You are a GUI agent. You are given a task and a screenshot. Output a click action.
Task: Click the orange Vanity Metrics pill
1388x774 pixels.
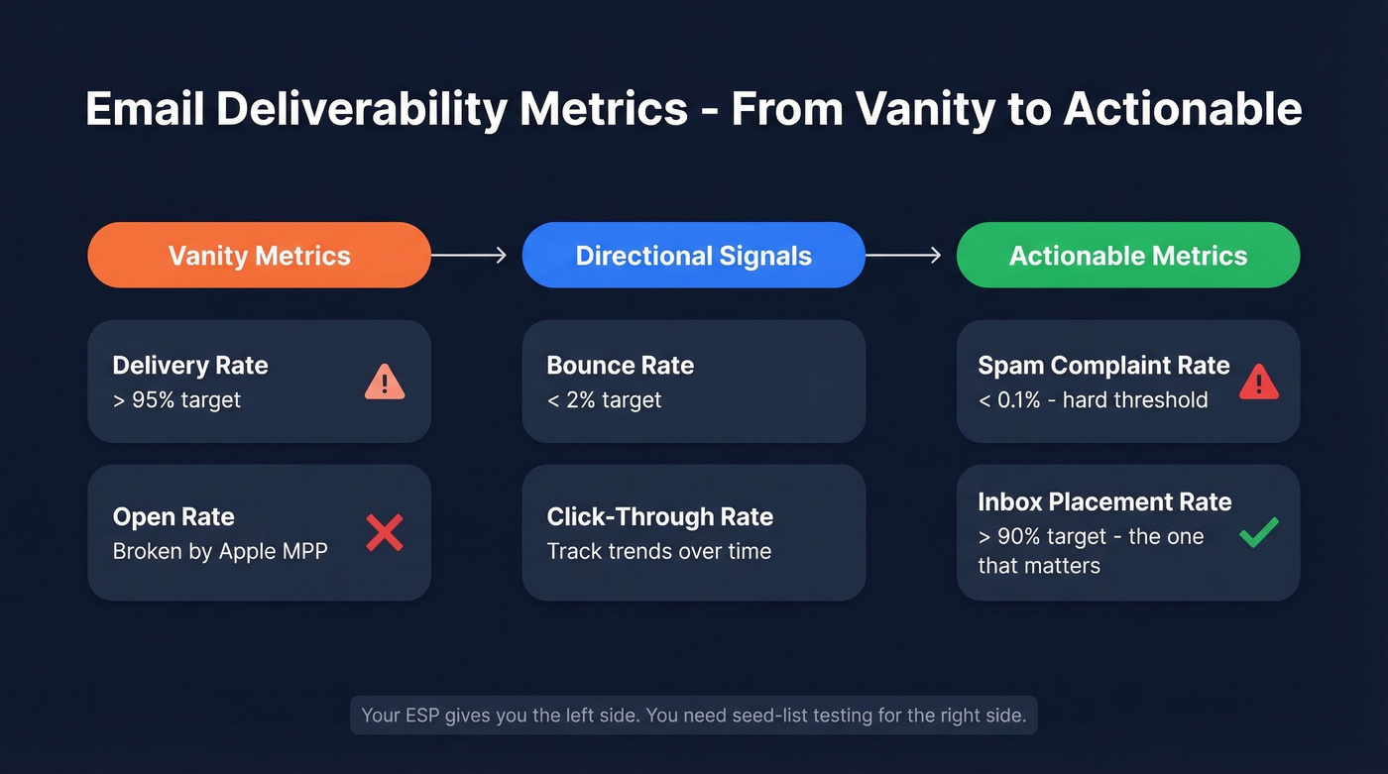259,256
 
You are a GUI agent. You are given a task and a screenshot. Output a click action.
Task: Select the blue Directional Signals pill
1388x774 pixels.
693,256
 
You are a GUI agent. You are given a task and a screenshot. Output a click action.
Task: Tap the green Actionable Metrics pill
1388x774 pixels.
1127,256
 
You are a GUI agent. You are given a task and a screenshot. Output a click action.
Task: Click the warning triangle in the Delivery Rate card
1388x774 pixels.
385,382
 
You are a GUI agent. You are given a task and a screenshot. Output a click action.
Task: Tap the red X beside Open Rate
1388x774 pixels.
385,532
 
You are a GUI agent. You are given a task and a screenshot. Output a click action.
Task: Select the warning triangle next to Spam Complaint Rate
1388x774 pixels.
1259,382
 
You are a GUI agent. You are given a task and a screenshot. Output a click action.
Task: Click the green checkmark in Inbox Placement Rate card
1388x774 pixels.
1259,533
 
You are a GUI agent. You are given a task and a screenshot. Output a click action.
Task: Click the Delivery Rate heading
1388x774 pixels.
190,365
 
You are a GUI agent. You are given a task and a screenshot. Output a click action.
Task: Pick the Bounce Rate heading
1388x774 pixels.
620,365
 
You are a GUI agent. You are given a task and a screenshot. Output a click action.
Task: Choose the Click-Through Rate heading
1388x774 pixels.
659,516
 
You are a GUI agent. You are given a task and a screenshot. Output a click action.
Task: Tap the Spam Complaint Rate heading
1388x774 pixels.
1103,365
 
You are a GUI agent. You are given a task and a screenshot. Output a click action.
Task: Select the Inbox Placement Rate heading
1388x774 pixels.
1104,501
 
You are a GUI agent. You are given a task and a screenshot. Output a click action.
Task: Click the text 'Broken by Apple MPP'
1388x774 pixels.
220,551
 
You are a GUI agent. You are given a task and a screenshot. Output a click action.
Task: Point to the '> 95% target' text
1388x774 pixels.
176,400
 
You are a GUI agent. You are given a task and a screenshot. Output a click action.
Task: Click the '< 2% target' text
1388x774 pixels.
604,400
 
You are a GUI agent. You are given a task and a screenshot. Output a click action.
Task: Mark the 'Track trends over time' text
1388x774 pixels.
658,551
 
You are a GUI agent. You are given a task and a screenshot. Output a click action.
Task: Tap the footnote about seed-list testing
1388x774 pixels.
693,715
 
